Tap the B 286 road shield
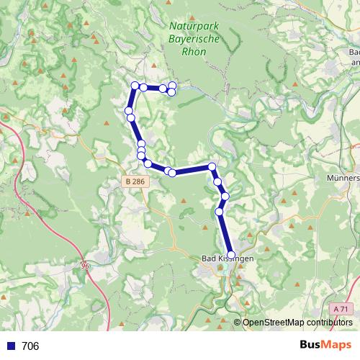click(x=135, y=183)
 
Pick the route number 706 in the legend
click(x=30, y=346)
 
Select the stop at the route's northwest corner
click(x=134, y=86)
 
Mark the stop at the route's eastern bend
click(x=212, y=167)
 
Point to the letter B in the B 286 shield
click(x=128, y=183)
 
